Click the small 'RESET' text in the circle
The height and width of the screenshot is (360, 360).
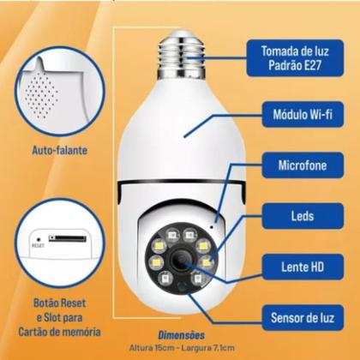pyautogui.click(x=37, y=244)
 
